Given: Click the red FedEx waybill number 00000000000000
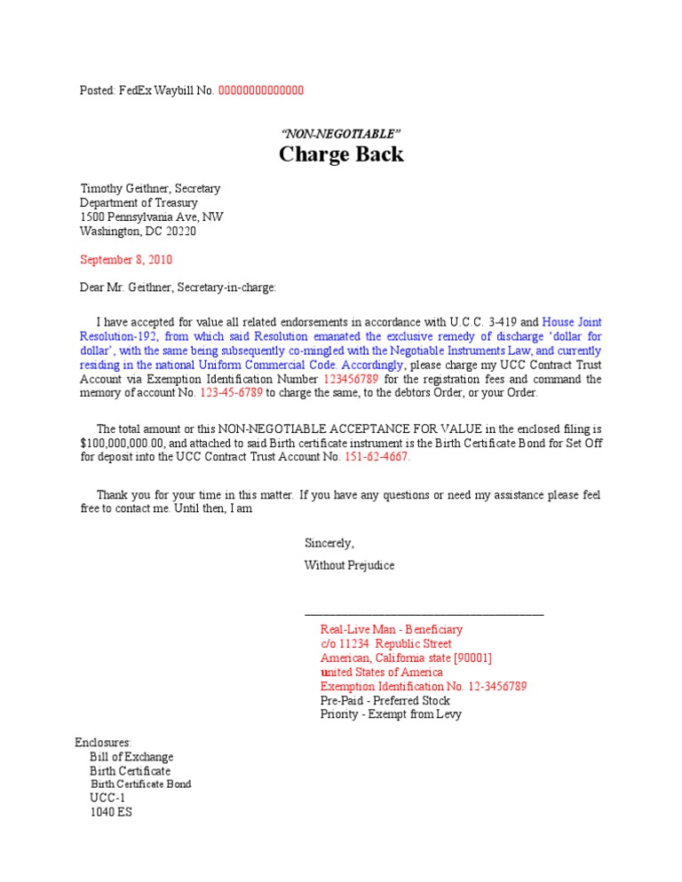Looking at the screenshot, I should tap(261, 91).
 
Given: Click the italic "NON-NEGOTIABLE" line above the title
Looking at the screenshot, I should tap(341, 133).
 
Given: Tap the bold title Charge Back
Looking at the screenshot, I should tap(341, 154).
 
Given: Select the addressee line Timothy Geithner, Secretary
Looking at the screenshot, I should tap(150, 189).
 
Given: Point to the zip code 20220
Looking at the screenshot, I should tap(178, 232).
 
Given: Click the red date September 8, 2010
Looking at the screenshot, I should tap(126, 260).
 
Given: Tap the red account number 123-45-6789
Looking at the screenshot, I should tap(230, 368).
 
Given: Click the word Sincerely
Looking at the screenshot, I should tap(329, 543).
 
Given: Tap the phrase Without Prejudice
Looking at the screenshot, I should tap(350, 565).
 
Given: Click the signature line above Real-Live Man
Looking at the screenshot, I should tap(424, 614).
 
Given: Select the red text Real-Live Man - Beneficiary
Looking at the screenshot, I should tap(392, 629).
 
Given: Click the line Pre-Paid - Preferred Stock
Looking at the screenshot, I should tap(385, 700).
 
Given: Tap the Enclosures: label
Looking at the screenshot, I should tap(103, 743).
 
